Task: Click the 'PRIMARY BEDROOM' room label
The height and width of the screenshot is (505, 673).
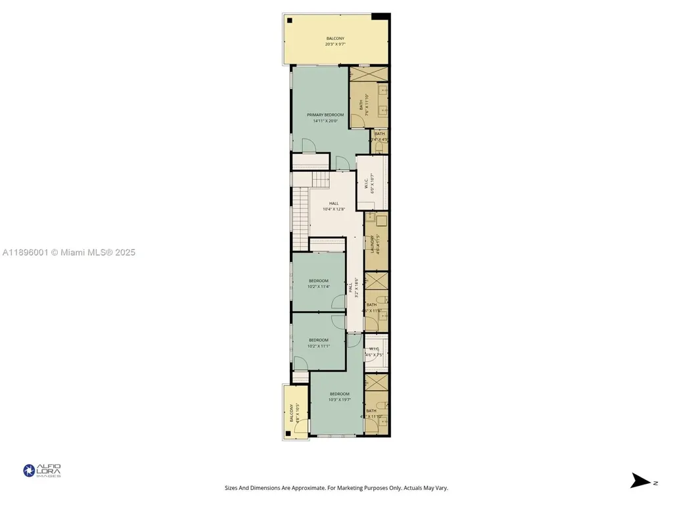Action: pyautogui.click(x=325, y=114)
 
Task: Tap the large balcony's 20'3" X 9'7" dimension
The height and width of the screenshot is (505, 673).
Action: pyautogui.click(x=335, y=44)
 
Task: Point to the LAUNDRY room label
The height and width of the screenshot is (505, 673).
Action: pyautogui.click(x=372, y=241)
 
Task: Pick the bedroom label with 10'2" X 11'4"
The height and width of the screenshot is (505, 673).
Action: pyautogui.click(x=318, y=283)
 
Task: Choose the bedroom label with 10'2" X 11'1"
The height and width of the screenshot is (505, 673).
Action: pyautogui.click(x=318, y=343)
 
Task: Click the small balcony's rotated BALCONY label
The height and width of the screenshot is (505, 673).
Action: pyautogui.click(x=291, y=414)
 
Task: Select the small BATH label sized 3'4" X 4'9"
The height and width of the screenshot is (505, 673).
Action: pyautogui.click(x=379, y=136)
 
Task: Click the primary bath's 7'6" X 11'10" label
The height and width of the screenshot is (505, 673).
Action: pyautogui.click(x=363, y=105)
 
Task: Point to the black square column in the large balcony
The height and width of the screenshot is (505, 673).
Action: pyautogui.click(x=289, y=20)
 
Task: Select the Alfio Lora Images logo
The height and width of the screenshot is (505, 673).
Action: pyautogui.click(x=42, y=470)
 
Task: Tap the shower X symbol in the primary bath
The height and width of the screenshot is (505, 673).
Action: pyautogui.click(x=368, y=74)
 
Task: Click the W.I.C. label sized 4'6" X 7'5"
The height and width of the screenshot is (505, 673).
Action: pyautogui.click(x=375, y=352)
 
